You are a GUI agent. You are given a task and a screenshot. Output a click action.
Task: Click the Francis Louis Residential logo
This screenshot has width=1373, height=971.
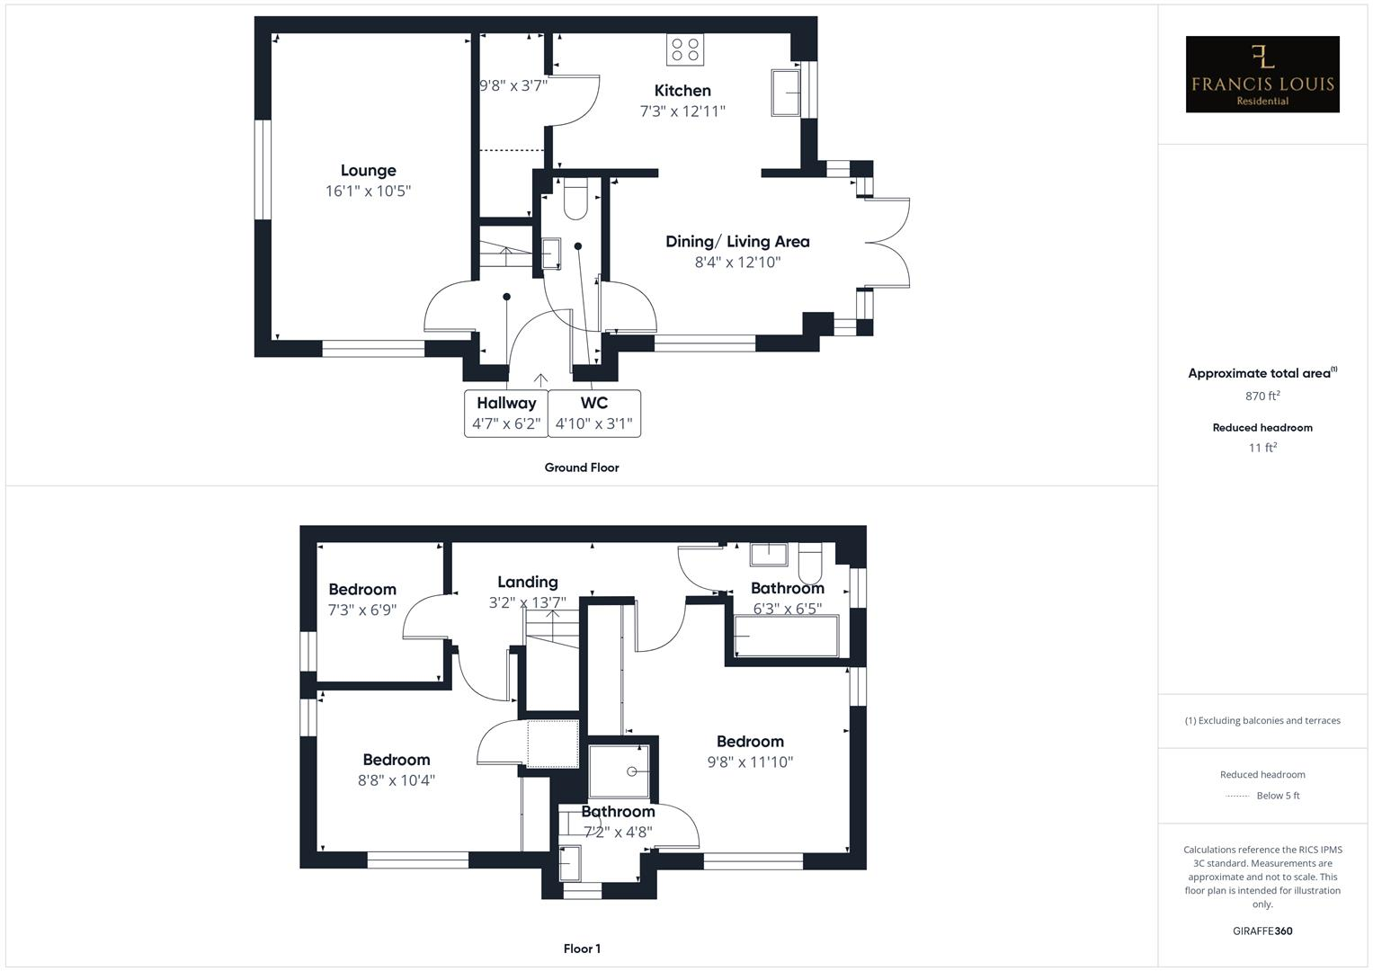1262,75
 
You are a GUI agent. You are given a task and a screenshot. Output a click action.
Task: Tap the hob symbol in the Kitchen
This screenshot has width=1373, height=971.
684,49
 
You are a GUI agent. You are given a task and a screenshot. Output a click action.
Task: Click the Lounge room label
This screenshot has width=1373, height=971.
368,170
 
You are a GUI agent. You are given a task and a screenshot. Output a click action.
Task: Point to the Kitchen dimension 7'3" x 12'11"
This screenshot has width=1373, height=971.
682,111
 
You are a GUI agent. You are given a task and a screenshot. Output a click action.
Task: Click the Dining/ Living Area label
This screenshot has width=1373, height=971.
737,241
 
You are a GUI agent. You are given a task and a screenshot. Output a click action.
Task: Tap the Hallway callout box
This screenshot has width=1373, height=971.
506,414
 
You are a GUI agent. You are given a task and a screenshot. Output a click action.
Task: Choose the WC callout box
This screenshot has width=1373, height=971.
593,414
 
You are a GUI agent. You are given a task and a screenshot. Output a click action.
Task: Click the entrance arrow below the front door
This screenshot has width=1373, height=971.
541,379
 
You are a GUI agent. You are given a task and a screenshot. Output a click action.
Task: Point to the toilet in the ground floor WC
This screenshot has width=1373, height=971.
575,199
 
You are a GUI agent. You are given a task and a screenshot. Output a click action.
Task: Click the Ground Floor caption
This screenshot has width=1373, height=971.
582,468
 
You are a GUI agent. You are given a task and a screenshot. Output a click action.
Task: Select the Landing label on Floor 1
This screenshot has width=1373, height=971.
528,582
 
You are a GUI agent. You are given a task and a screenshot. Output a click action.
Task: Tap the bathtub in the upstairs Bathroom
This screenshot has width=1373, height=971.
783,637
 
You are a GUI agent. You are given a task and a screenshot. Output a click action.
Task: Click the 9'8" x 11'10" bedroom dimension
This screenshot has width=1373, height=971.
750,762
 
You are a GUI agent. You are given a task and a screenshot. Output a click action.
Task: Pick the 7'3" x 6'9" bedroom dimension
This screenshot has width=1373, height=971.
361,610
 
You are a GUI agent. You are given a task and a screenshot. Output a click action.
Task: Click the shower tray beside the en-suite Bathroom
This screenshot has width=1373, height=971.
619,771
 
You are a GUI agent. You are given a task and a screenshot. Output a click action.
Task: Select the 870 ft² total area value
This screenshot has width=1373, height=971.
1262,396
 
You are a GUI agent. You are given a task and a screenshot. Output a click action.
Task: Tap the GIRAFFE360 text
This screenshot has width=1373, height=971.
1262,931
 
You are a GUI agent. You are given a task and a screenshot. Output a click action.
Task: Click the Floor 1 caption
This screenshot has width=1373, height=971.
582,949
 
